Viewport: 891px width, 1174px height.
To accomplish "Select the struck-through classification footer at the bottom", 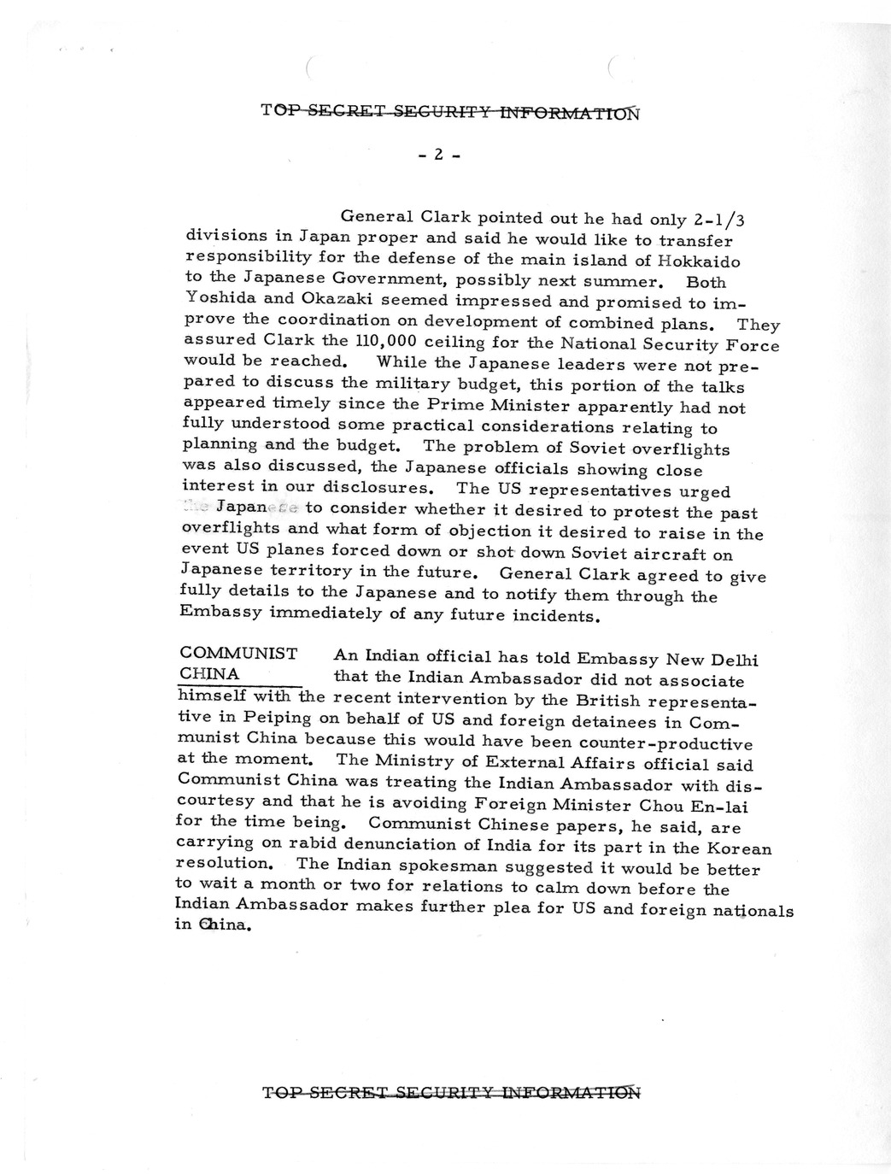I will [451, 1091].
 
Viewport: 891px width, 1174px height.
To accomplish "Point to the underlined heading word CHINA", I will [208, 674].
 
